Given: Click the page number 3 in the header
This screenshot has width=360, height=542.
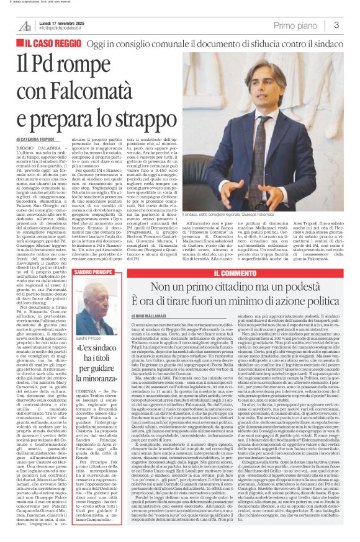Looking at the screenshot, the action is click(336, 25).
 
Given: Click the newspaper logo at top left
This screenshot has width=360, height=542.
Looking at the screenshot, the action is click(25, 25).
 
